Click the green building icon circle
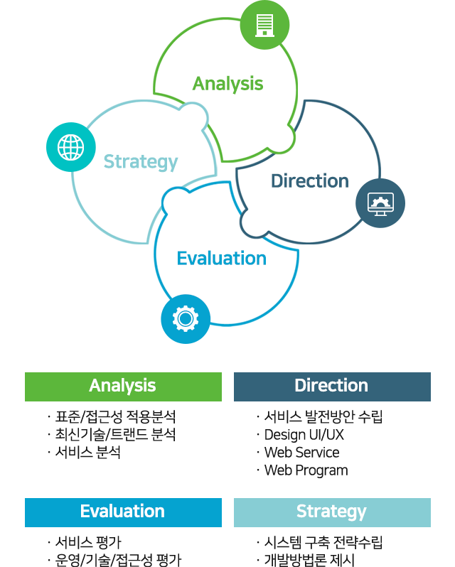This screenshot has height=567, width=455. point(264,25)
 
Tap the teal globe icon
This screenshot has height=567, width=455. point(71,147)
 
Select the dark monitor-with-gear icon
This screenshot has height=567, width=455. point(380,203)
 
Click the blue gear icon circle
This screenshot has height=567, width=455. point(186,319)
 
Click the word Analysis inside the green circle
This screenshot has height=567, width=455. point(228,85)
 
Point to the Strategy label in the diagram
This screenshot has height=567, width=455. point(141,163)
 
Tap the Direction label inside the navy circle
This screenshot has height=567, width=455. point(310,180)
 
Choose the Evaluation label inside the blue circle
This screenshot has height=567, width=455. point(222,259)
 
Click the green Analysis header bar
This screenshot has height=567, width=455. point(123,387)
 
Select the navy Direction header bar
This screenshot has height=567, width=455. point(333,387)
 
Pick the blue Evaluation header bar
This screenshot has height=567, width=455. point(123,512)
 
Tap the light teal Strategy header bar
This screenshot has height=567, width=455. point(333,512)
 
